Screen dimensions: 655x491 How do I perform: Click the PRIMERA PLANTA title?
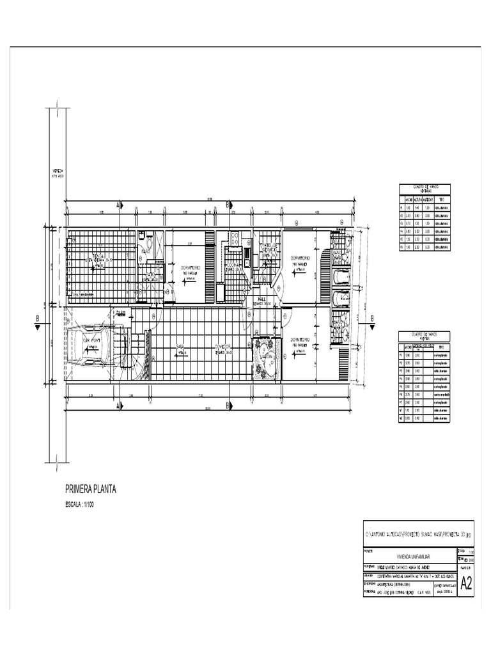pos(90,490)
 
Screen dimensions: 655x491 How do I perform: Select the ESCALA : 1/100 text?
pos(83,505)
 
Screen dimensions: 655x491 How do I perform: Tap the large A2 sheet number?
pos(466,583)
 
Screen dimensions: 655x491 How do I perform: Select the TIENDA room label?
pos(100,256)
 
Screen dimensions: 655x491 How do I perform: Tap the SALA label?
pos(180,349)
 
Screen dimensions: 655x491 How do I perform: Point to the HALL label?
pos(261,299)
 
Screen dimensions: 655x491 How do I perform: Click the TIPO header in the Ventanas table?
pos(441,198)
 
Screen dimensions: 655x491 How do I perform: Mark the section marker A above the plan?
pos(118,205)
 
